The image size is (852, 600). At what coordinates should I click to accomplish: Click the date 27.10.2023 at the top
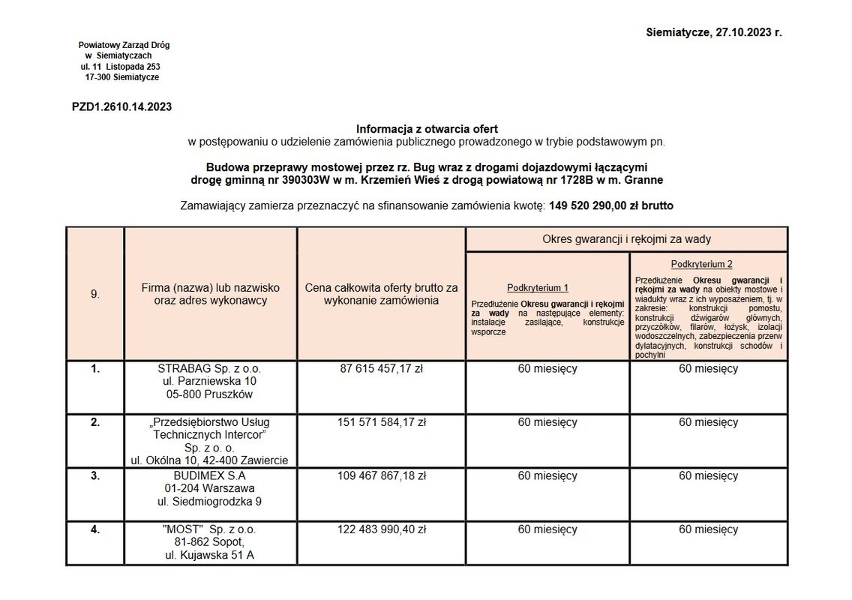click(x=743, y=33)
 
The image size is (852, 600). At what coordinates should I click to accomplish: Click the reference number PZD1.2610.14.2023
click(x=121, y=107)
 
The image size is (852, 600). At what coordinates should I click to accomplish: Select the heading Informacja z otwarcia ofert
click(x=426, y=129)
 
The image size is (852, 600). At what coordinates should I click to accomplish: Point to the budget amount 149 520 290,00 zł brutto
click(x=611, y=205)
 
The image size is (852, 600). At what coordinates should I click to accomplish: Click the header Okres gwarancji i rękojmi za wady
click(x=626, y=239)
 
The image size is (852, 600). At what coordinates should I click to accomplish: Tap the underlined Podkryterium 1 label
click(x=537, y=288)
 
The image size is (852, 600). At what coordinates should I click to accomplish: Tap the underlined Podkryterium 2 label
click(x=701, y=264)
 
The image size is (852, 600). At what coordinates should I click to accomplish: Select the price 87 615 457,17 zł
click(x=381, y=369)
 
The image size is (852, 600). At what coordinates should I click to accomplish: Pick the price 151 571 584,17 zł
click(x=381, y=422)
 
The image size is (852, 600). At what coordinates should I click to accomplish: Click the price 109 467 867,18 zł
click(x=381, y=475)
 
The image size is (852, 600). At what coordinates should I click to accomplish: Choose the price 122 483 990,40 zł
click(x=381, y=529)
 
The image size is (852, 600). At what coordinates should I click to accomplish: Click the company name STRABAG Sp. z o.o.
click(x=209, y=369)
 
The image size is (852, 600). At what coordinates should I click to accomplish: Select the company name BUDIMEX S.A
click(x=209, y=475)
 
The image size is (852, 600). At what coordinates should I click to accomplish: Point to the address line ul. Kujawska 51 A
click(x=209, y=556)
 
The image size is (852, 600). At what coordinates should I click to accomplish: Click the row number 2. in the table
click(x=95, y=422)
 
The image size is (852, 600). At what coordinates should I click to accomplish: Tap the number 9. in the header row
click(x=95, y=294)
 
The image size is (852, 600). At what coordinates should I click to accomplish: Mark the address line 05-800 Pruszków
click(x=209, y=394)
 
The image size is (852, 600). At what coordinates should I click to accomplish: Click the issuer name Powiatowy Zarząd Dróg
click(x=124, y=45)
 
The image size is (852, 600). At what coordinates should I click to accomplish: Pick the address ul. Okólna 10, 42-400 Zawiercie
click(x=209, y=460)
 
